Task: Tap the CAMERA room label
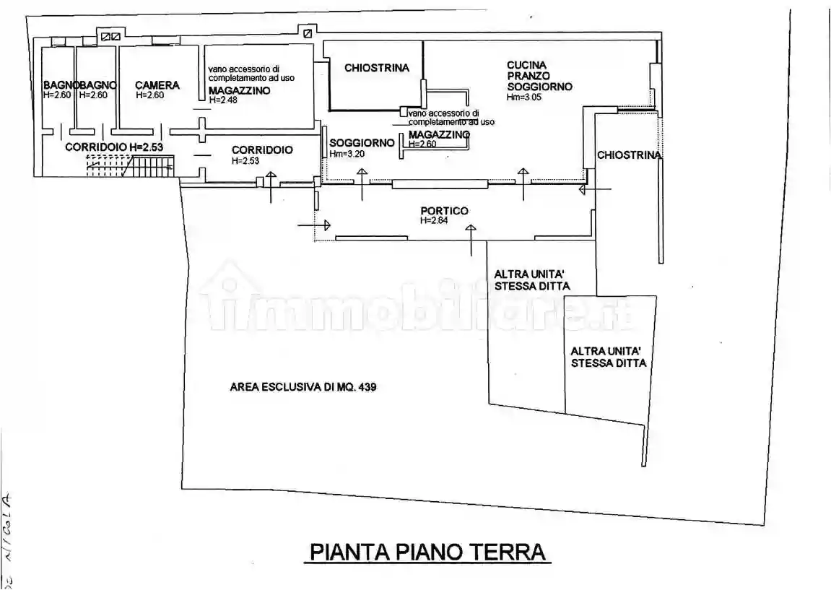(157, 85)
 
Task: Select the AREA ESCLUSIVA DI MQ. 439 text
(303, 387)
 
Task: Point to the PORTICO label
(444, 211)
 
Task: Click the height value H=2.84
(435, 220)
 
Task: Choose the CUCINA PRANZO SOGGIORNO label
(539, 76)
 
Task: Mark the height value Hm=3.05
(523, 97)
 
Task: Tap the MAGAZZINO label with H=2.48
(239, 90)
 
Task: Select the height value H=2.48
(223, 100)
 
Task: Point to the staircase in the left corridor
(130, 168)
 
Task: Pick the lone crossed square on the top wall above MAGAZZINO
(308, 33)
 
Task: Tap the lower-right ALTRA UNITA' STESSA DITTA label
(608, 357)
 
